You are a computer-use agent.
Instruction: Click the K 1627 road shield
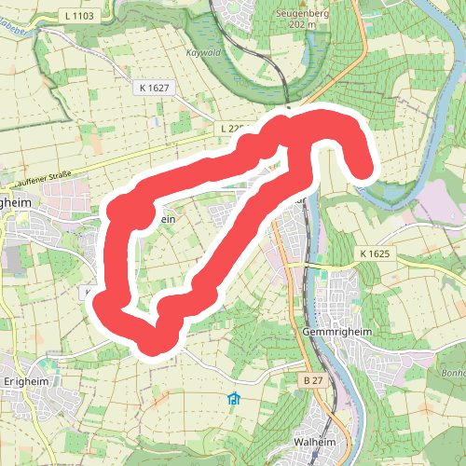[x=155, y=86]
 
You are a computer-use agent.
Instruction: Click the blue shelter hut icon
[x=233, y=400]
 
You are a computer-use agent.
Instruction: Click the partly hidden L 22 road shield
[x=232, y=127]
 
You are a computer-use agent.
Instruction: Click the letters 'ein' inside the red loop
[x=167, y=218]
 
